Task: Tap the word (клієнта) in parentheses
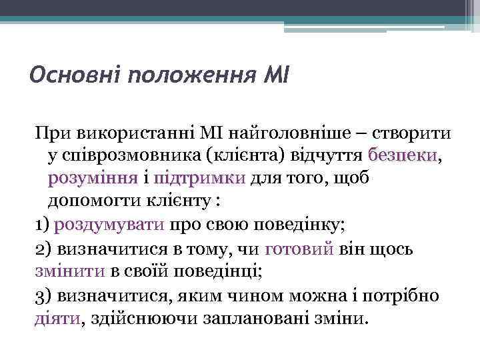247,156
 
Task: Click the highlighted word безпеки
403,156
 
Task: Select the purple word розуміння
92,179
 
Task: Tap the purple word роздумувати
109,224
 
